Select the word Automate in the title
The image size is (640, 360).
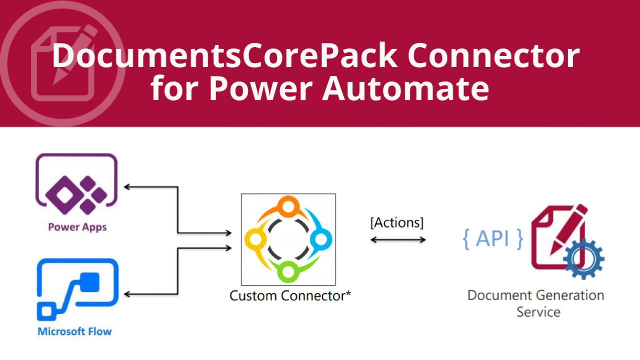pos(405,88)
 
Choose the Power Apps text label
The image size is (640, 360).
pos(77,227)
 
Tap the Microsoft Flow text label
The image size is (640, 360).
pos(74,331)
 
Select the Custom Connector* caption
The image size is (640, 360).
pos(290,295)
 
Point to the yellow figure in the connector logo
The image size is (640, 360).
pos(255,239)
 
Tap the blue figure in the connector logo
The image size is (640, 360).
pos(320,239)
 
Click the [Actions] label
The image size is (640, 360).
pos(397,223)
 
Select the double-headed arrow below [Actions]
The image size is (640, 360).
pos(398,239)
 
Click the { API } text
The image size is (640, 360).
pos(493,239)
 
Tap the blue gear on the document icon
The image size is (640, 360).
pos(583,258)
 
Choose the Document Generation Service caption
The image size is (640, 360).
pos(536,303)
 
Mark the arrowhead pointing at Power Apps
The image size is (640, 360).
pos(127,187)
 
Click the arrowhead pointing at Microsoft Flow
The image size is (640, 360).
pos(127,294)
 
